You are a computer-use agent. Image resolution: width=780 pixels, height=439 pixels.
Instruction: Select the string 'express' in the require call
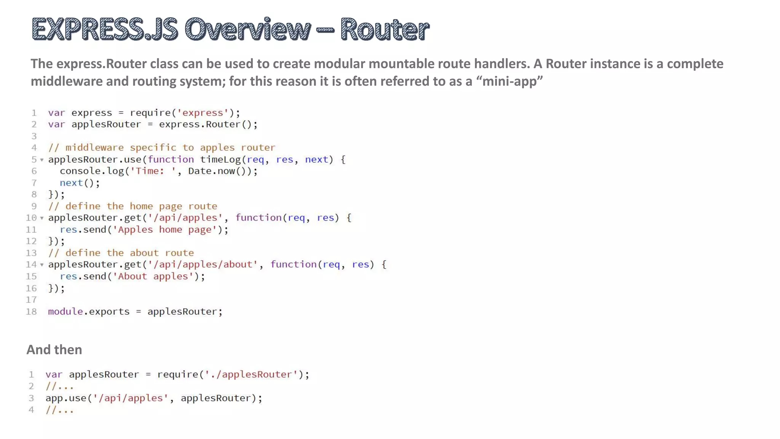pos(203,113)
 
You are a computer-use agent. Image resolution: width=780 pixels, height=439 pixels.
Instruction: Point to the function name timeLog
pos(221,159)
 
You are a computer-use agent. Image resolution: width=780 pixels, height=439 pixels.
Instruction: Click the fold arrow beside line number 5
pos(42,160)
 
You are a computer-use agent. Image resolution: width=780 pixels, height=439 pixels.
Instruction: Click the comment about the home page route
pos(133,206)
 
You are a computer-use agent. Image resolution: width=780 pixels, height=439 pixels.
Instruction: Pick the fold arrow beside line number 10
pos(42,218)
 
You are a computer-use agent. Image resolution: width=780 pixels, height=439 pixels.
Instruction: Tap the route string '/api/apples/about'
pos(203,264)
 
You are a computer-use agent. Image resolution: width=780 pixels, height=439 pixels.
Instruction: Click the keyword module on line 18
pos(66,311)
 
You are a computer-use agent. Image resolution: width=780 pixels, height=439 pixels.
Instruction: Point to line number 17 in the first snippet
pos(31,300)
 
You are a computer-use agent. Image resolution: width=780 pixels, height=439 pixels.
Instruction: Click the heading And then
pos(54,349)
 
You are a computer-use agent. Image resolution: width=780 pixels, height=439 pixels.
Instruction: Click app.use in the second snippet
pos(66,398)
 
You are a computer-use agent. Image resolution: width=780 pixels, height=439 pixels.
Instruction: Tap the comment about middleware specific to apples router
pos(161,147)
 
